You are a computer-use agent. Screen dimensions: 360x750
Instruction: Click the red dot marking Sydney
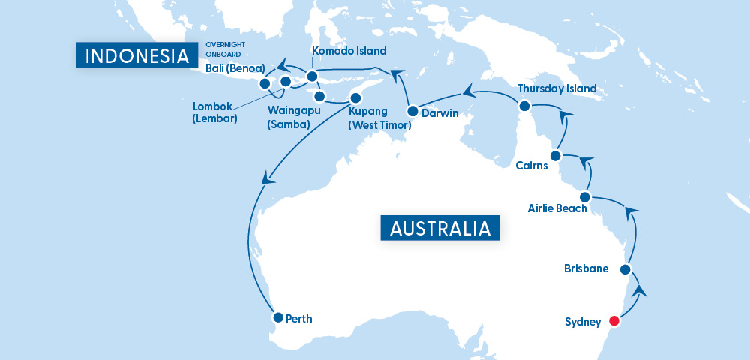614,321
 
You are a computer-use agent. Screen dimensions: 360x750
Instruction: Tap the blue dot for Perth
277,317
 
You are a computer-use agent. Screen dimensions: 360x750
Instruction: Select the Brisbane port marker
625,268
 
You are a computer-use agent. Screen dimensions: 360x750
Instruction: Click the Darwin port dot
412,111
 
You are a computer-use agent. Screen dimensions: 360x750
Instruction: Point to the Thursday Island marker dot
524,106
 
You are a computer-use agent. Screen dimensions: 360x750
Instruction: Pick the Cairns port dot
555,156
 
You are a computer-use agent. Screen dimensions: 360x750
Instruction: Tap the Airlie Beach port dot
585,196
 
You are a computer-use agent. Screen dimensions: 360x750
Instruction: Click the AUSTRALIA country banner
440,227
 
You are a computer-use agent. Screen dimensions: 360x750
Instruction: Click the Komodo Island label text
349,51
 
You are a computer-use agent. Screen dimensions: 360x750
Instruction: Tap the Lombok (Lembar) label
214,112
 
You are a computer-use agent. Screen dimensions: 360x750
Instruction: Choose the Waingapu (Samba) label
289,118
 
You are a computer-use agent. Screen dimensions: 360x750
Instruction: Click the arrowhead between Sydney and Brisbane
639,290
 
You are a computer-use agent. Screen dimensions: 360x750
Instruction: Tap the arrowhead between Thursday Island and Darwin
468,91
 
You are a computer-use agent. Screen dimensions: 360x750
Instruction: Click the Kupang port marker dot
355,97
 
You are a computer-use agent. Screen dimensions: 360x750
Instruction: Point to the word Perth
298,319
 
